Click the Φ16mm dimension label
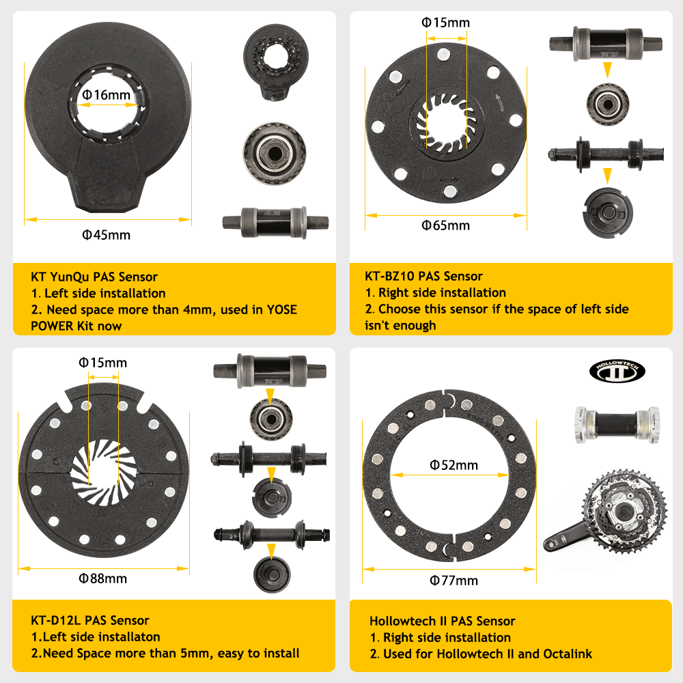tap(106, 95)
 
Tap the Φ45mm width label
tap(106, 235)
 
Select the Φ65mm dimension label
tap(446, 225)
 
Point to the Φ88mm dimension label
tap(103, 579)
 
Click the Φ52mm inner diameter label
tap(454, 465)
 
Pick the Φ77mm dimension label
tap(454, 581)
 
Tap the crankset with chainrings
tap(604, 516)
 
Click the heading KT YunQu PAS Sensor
tap(94, 277)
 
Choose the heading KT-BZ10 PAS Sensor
tap(423, 276)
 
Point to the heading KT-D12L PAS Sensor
tap(90, 620)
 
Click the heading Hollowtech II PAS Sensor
tap(442, 621)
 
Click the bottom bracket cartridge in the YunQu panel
tap(275, 222)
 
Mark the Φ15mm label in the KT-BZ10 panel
tap(446, 23)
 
